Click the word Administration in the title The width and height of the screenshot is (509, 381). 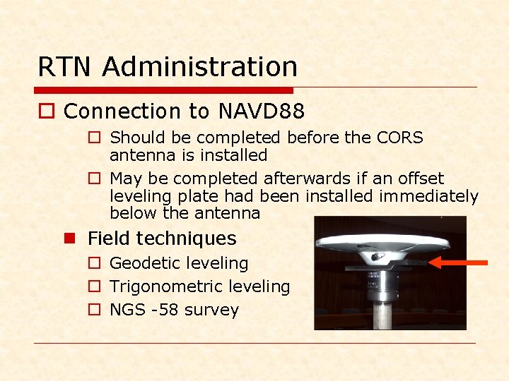pos(200,67)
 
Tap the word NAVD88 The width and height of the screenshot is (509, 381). pos(262,111)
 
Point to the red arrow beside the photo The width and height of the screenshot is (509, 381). pos(460,262)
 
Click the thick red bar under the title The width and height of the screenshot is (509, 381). pos(163,90)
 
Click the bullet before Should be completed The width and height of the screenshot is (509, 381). pos(93,138)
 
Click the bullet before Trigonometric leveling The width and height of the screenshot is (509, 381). pos(93,287)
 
